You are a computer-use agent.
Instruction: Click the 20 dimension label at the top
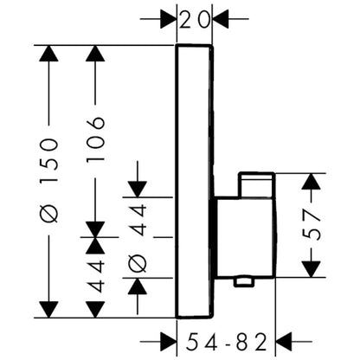194,20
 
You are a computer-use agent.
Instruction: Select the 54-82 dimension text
226,342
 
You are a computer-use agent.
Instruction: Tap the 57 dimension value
313,225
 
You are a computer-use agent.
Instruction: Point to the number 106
95,139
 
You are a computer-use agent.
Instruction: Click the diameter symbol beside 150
49,214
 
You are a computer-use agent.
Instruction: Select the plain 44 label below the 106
95,276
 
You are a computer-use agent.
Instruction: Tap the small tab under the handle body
244,282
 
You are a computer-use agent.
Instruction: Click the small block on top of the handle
256,184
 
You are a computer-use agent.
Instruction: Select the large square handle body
245,237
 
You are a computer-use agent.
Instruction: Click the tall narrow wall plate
195,182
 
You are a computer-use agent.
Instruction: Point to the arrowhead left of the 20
168,19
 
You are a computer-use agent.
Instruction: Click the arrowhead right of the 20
221,19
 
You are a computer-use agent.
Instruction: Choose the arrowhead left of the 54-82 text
168,342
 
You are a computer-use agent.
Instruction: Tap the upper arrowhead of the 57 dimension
311,181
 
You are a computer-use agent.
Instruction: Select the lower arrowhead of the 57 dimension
311,269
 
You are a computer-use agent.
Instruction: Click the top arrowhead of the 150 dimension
48,54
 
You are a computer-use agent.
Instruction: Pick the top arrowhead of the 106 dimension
95,54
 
